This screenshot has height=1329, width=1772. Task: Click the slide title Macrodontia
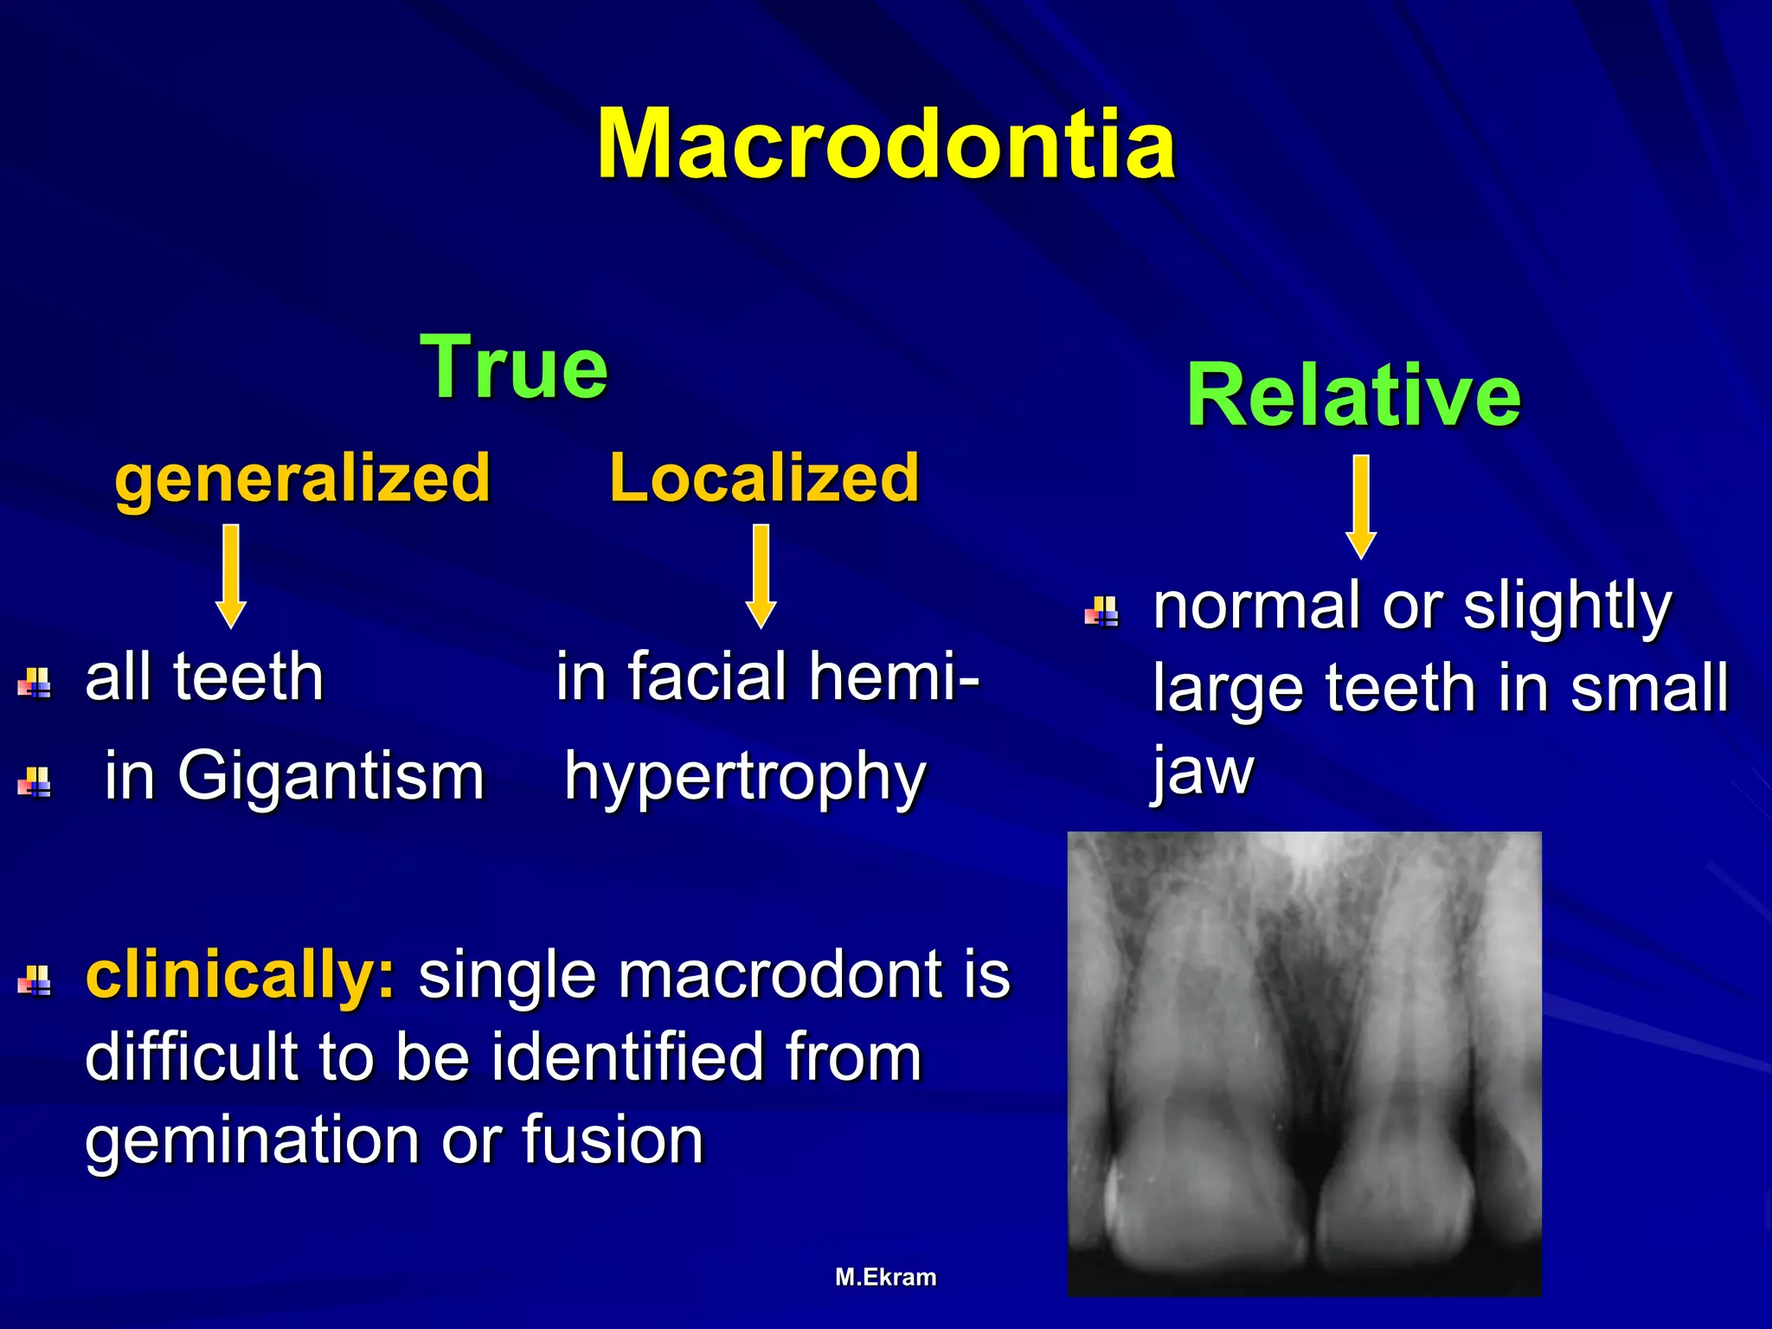pyautogui.click(x=886, y=144)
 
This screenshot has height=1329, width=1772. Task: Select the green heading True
pyautogui.click(x=514, y=368)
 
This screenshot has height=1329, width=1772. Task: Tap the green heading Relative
pyautogui.click(x=1353, y=395)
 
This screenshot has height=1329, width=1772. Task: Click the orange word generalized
pyautogui.click(x=303, y=478)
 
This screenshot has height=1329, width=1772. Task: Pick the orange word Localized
pyautogui.click(x=764, y=478)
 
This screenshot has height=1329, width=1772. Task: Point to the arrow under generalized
pyautogui.click(x=231, y=575)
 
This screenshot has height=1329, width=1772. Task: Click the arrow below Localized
pyautogui.click(x=761, y=575)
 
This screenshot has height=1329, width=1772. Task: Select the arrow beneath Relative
pyautogui.click(x=1361, y=507)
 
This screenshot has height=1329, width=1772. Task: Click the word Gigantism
pyautogui.click(x=331, y=775)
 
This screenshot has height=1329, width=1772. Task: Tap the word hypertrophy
pyautogui.click(x=745, y=777)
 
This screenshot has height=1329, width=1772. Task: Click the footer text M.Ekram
pyautogui.click(x=886, y=1277)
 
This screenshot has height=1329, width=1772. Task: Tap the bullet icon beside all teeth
pyautogui.click(x=35, y=683)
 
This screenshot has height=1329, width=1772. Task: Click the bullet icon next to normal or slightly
pyautogui.click(x=1102, y=611)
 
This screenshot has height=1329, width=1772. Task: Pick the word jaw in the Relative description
pyautogui.click(x=1203, y=772)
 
